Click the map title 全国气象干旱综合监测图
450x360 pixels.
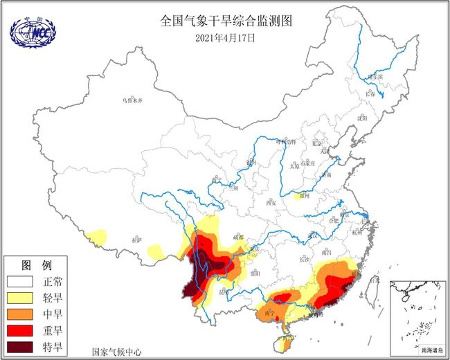point(226,21)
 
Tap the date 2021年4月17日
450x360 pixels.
point(226,38)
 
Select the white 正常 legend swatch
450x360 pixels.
point(21,282)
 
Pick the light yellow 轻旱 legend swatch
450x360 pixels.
point(21,298)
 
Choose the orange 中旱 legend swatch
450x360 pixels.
point(21,314)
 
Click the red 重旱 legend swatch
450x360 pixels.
point(21,330)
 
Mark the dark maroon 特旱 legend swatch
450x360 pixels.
point(21,346)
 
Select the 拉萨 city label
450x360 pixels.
point(137,240)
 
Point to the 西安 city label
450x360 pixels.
point(271,202)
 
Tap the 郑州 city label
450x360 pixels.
point(299,196)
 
